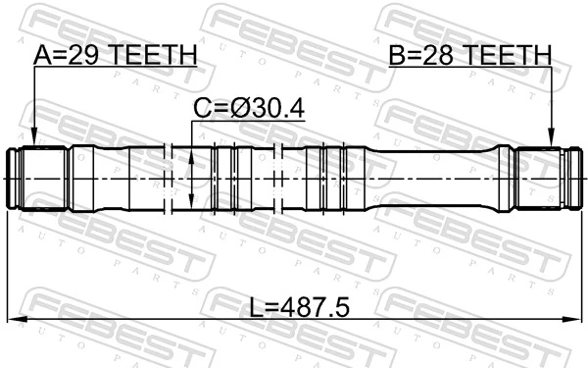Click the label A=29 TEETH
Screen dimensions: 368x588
tap(115, 56)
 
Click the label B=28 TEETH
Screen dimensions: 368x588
tap(468, 56)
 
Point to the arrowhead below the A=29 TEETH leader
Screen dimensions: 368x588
tap(33, 140)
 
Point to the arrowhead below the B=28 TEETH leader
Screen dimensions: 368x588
tap(552, 140)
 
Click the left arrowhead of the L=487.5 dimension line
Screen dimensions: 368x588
tap(14, 320)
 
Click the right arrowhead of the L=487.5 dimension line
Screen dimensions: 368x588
tap(574, 320)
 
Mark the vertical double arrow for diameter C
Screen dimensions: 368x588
tap(192, 178)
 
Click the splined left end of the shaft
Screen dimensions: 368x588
tap(37, 178)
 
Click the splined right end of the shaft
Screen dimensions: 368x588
tap(545, 178)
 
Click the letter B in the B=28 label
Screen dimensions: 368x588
tap(394, 56)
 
